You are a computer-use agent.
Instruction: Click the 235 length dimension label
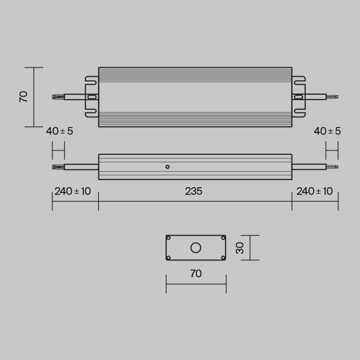pyautogui.click(x=193, y=191)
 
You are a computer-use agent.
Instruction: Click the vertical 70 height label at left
pyautogui.click(x=23, y=97)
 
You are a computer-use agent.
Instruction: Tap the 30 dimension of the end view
pyautogui.click(x=240, y=248)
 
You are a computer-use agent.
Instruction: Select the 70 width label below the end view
pyautogui.click(x=196, y=274)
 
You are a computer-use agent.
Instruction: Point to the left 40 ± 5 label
pyautogui.click(x=59, y=131)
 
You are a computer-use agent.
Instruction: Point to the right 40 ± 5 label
pyautogui.click(x=326, y=131)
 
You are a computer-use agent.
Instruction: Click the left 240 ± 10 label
pyautogui.click(x=73, y=191)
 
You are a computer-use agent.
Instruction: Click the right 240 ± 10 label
pyautogui.click(x=314, y=191)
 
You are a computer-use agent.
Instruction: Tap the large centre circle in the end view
pyautogui.click(x=196, y=248)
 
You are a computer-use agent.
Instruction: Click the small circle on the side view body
pyautogui.click(x=167, y=166)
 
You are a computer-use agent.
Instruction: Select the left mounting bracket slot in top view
pyautogui.click(x=92, y=96)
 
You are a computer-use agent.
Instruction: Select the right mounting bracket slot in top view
pyautogui.click(x=298, y=96)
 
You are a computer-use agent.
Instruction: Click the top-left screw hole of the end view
pyautogui.click(x=169, y=238)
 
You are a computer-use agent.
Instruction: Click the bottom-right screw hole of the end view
pyautogui.click(x=223, y=258)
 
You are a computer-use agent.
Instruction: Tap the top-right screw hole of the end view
pyautogui.click(x=223, y=238)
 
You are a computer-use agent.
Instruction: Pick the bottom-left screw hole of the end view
pyautogui.click(x=169, y=258)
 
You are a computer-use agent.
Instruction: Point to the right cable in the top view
pyautogui.click(x=317, y=96)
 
